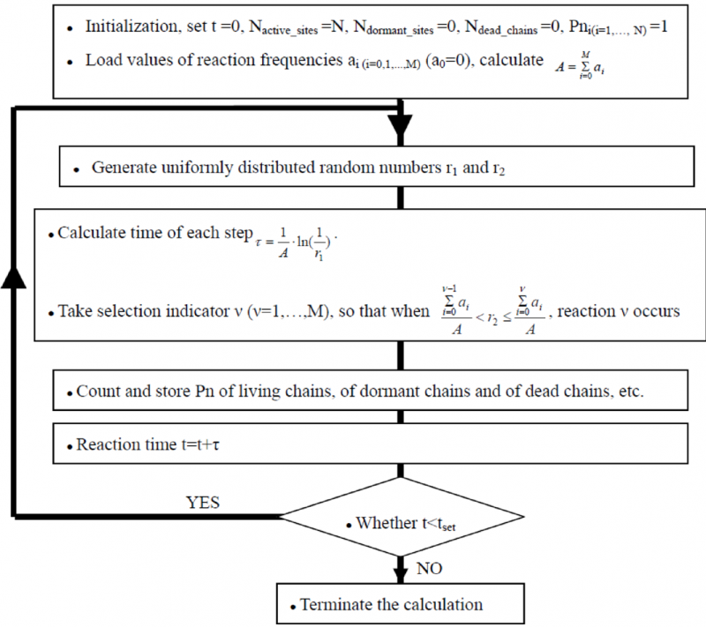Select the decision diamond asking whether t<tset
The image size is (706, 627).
401,521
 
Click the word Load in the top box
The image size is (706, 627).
102,61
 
